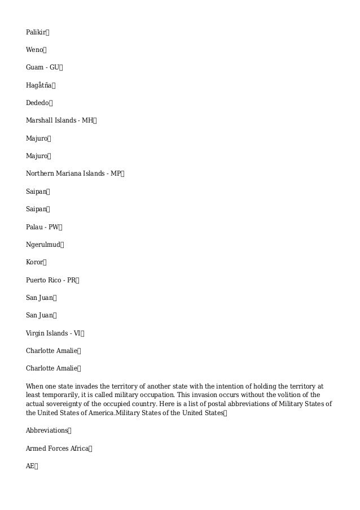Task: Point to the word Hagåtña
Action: click(x=39, y=85)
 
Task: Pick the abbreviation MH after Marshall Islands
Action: click(x=88, y=120)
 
